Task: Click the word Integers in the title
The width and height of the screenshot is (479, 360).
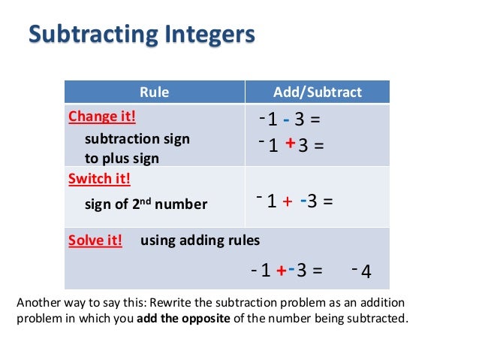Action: pyautogui.click(x=203, y=35)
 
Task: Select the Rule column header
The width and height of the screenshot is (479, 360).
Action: pyautogui.click(x=155, y=92)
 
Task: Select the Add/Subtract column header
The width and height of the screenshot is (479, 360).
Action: pyautogui.click(x=318, y=92)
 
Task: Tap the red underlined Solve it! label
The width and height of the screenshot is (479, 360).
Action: pyautogui.click(x=95, y=241)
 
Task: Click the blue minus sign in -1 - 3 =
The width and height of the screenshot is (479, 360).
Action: pyautogui.click(x=287, y=120)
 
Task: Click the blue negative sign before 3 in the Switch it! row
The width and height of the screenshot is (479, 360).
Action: pyautogui.click(x=302, y=201)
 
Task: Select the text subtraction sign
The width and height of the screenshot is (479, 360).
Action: pyautogui.click(x=137, y=139)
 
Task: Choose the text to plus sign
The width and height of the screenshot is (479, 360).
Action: pyautogui.click(x=122, y=159)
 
